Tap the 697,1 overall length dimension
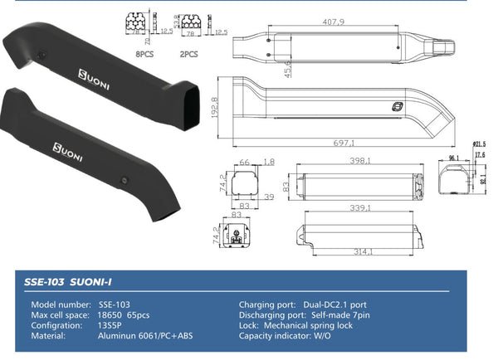coord(348,142)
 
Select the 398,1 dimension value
coord(360,163)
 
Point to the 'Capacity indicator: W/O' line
coord(287,336)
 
